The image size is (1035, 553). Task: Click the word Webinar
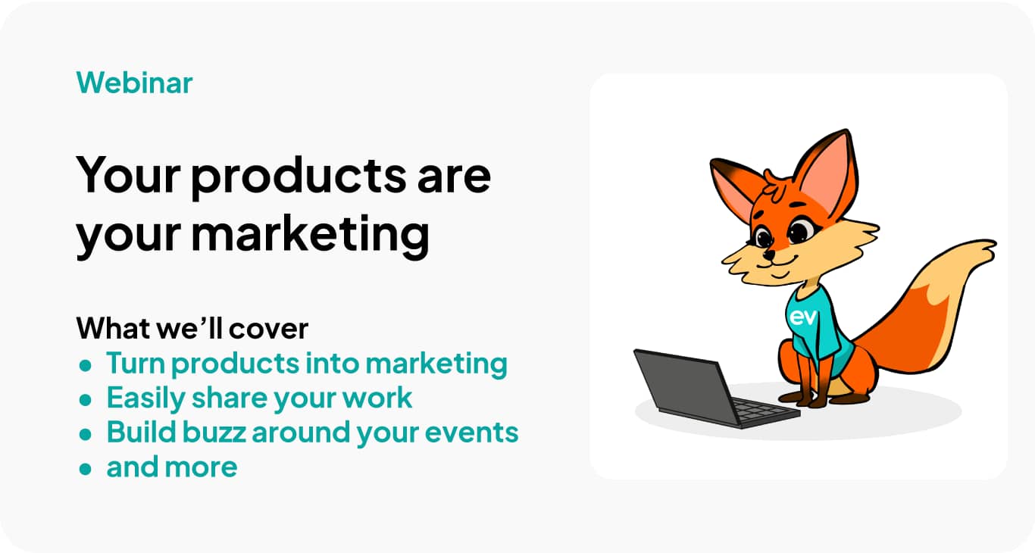[134, 83]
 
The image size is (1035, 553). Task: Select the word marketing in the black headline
[310, 234]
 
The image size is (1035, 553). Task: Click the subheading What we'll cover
[192, 329]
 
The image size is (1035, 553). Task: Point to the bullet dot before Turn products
[86, 365]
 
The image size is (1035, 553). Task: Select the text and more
[172, 467]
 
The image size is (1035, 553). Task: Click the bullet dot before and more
[86, 468]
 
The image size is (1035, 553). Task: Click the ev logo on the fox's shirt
[802, 317]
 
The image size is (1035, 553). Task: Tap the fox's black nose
[768, 256]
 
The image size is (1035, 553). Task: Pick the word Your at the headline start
[127, 176]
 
